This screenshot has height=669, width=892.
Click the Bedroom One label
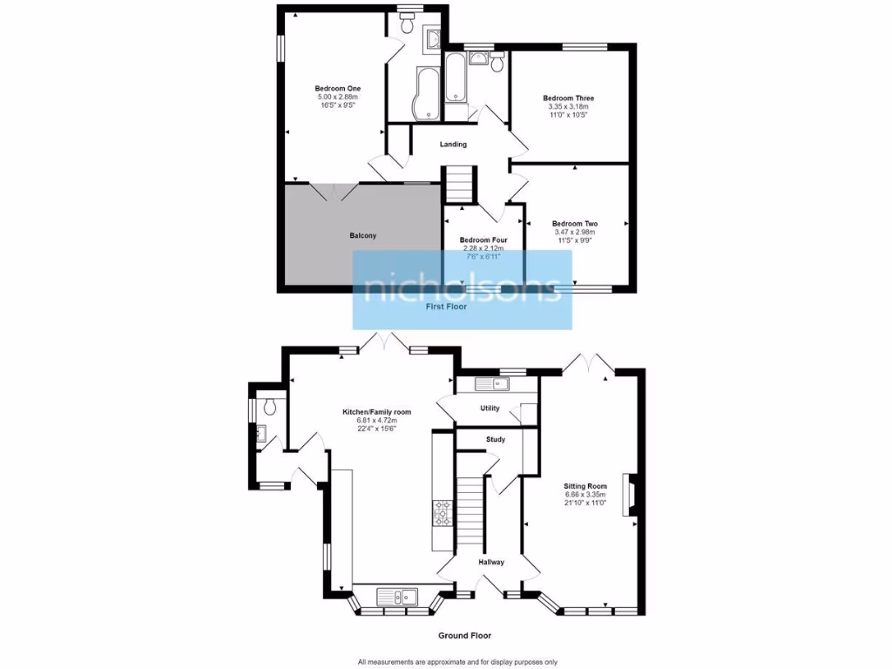click(338, 89)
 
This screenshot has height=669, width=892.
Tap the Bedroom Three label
click(568, 98)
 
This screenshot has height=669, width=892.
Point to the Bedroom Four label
click(483, 240)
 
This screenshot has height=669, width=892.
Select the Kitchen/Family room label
click(376, 412)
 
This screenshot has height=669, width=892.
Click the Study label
click(496, 440)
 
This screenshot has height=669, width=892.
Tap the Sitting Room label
click(585, 486)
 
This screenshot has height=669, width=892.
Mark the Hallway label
click(491, 563)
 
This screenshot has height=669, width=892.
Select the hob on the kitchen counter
click(442, 513)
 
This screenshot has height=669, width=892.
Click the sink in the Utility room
click(491, 384)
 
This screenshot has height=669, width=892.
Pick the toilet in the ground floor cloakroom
click(270, 406)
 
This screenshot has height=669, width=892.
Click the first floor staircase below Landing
click(459, 185)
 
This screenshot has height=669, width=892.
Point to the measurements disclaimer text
click(456, 660)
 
